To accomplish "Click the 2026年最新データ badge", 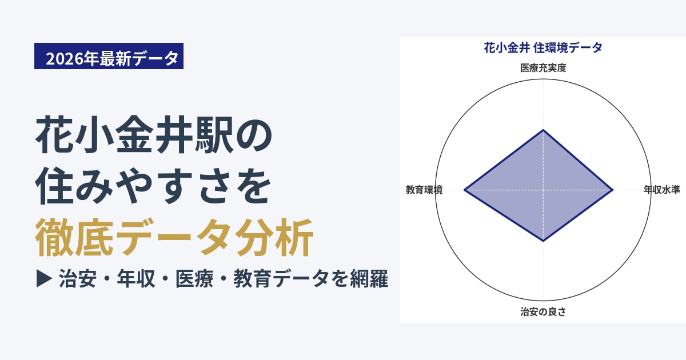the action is (109, 56).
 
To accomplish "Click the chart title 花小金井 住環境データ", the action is (543, 48).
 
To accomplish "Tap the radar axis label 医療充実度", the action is (543, 68).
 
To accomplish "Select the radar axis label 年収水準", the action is (661, 190).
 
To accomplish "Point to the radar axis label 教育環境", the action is (424, 190).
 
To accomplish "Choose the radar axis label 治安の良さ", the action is (543, 311).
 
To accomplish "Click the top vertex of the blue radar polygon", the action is (543, 130).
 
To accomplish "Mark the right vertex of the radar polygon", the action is (613, 190).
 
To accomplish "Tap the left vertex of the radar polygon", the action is (464, 190).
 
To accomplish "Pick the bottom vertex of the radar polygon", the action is (543, 241).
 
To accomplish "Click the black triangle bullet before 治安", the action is (44, 279).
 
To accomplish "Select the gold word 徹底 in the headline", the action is (74, 237).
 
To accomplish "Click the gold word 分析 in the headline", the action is (274, 237).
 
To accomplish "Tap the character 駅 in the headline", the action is (214, 135).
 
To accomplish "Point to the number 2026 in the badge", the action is (64, 58).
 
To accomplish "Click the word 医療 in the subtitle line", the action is (194, 279).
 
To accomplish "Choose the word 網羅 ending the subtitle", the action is (369, 279).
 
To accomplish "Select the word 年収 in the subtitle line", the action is (136, 279).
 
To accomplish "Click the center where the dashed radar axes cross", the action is (543, 190).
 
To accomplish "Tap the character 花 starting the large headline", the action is (54, 135).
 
